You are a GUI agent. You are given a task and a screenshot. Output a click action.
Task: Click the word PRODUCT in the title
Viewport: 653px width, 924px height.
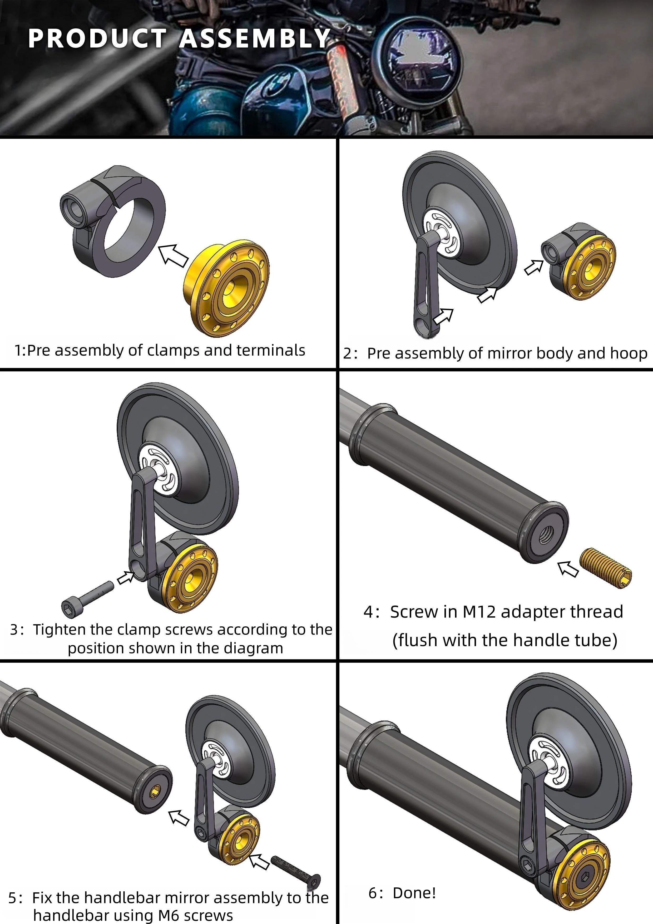[97, 39]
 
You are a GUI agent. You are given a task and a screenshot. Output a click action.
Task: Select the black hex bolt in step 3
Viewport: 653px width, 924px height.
[87, 598]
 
